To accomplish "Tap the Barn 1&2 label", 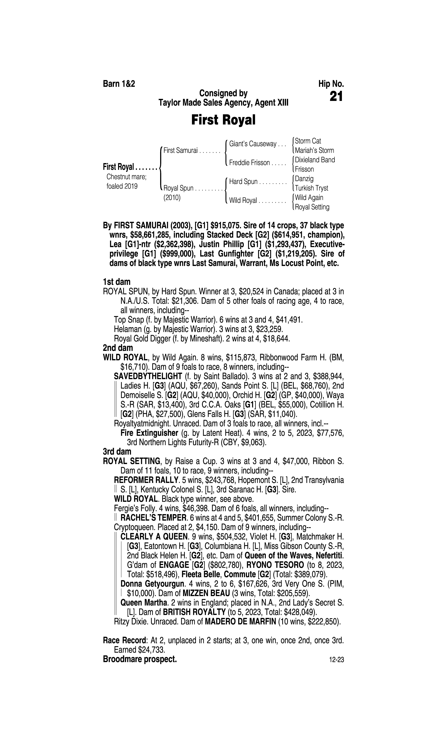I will (x=119, y=84).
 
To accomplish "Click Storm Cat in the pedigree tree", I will (x=308, y=141).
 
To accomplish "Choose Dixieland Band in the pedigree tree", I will (x=315, y=160).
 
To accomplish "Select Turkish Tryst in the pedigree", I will (x=311, y=188).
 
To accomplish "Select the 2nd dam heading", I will (x=118, y=348).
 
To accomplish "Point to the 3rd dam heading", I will (x=117, y=451).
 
